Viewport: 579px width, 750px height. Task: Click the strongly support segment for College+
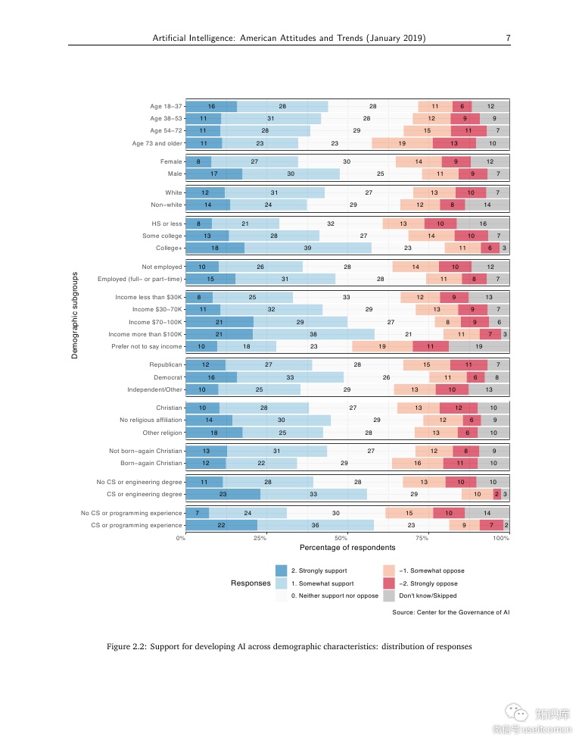pyautogui.click(x=215, y=248)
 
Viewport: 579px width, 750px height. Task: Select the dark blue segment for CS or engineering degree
pyautogui.click(x=223, y=494)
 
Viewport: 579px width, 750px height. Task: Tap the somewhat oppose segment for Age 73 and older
pyautogui.click(x=402, y=142)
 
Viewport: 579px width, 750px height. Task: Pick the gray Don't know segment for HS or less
pyautogui.click(x=483, y=223)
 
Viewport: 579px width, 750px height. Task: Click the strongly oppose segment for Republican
pyautogui.click(x=469, y=364)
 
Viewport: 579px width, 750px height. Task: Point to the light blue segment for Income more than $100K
pyautogui.click(x=313, y=334)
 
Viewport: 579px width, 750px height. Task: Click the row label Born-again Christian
pyautogui.click(x=151, y=463)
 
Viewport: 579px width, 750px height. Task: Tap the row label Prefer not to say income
pyautogui.click(x=147, y=346)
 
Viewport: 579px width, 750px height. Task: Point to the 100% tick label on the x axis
pyautogui.click(x=501, y=538)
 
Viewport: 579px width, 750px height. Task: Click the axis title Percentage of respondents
pyautogui.click(x=347, y=548)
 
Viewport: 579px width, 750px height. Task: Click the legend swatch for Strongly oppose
pyautogui.click(x=389, y=583)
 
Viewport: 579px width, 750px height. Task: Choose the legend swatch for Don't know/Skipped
pyautogui.click(x=389, y=595)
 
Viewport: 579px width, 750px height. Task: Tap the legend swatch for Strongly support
pyautogui.click(x=282, y=570)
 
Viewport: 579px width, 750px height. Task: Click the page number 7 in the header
pyautogui.click(x=508, y=37)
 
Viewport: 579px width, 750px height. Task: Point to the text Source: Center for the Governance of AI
pyautogui.click(x=450, y=612)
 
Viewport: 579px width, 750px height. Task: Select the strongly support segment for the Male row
pyautogui.click(x=213, y=173)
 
